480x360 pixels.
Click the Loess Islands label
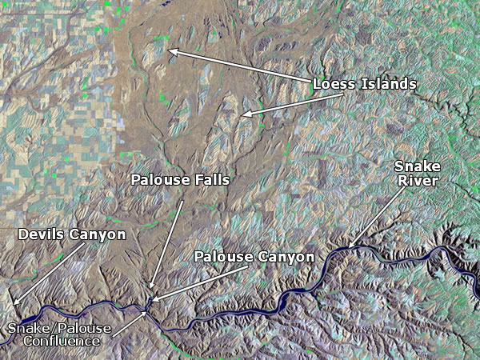click(x=364, y=83)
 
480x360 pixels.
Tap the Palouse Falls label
click(x=180, y=180)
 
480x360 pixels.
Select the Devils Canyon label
click(x=72, y=234)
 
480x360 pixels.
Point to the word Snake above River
click(x=417, y=167)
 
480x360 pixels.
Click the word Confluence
click(x=62, y=341)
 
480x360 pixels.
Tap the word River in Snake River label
click(x=417, y=182)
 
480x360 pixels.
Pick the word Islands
click(x=390, y=83)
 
